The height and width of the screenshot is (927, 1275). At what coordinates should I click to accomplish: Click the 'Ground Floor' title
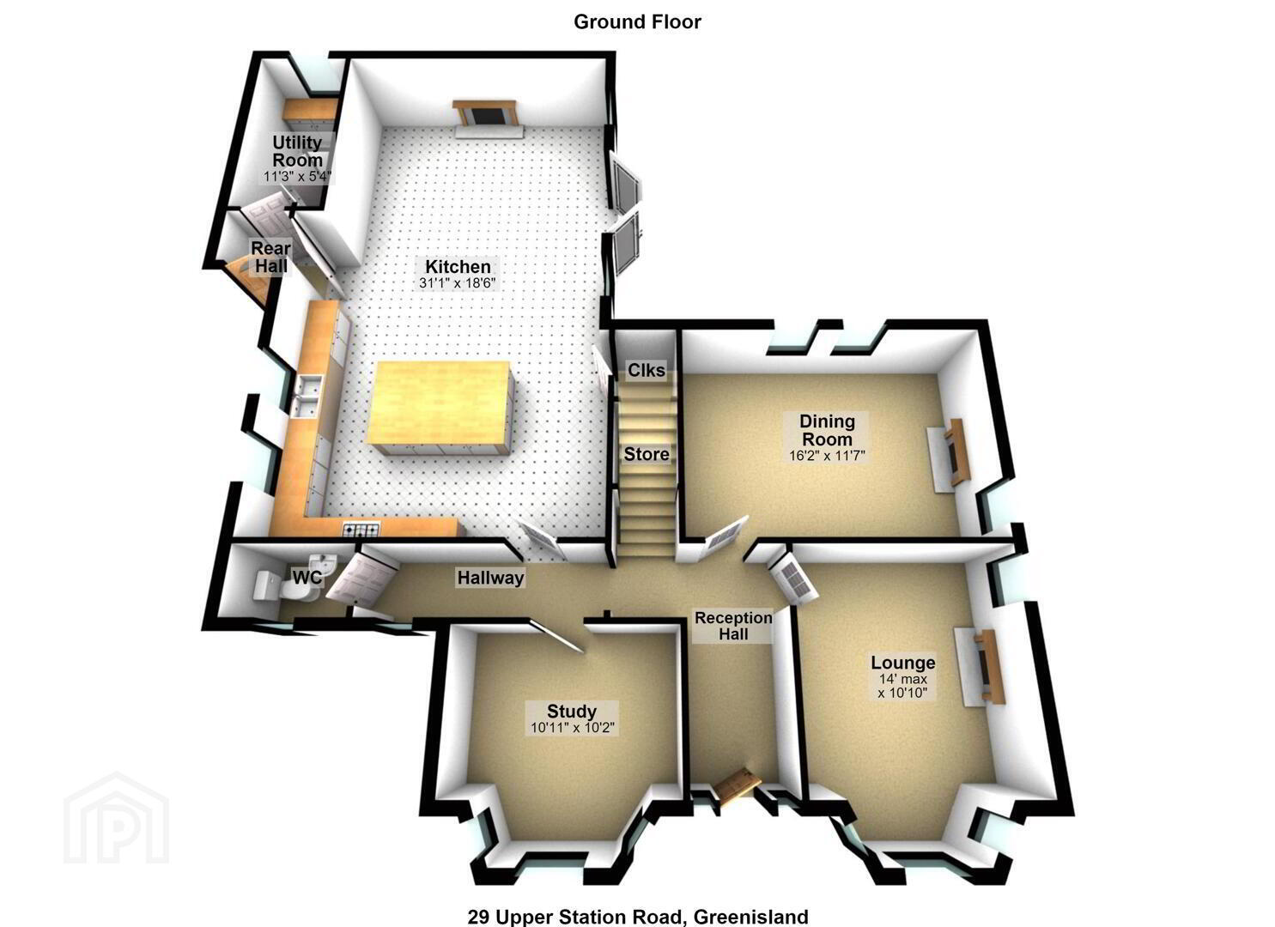pos(637,21)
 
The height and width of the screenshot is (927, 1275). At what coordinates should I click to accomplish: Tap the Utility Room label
pos(297,151)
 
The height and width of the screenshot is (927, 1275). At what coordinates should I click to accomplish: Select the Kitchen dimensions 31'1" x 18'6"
pos(458,283)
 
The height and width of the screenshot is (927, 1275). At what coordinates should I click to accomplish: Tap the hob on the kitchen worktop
pos(361,530)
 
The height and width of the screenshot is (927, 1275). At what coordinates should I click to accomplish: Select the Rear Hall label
pos(271,257)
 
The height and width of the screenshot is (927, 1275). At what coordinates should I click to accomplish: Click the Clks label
pos(646,371)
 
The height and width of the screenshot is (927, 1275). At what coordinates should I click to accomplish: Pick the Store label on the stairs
pos(646,454)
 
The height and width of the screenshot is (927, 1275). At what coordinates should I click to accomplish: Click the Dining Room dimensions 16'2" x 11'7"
pos(827,456)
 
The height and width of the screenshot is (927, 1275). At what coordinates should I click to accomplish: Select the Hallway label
pos(490,579)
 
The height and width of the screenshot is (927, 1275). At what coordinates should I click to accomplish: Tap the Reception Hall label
pos(733,626)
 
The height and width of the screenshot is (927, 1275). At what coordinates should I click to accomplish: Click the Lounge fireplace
pos(980,667)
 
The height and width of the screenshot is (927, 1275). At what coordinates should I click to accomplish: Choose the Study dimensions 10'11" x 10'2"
pos(572,728)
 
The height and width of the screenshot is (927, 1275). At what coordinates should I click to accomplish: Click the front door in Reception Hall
pos(738,785)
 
